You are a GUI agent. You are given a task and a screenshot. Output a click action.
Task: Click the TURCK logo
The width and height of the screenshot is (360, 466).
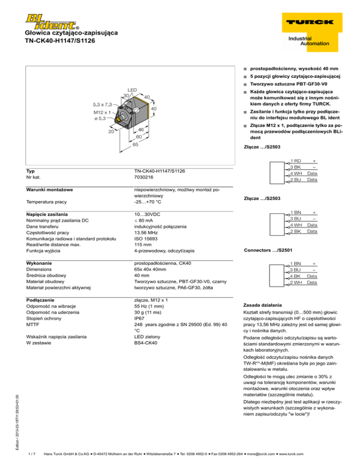tap(308, 22)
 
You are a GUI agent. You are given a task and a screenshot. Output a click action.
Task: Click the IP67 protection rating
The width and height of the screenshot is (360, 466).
tap(141, 324)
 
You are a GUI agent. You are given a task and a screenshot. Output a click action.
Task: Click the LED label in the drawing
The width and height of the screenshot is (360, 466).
tap(132, 90)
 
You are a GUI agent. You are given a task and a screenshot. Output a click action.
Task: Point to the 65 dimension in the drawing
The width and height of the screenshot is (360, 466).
tap(122, 145)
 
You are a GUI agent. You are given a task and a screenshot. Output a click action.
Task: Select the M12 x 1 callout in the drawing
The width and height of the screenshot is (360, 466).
tap(102, 113)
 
